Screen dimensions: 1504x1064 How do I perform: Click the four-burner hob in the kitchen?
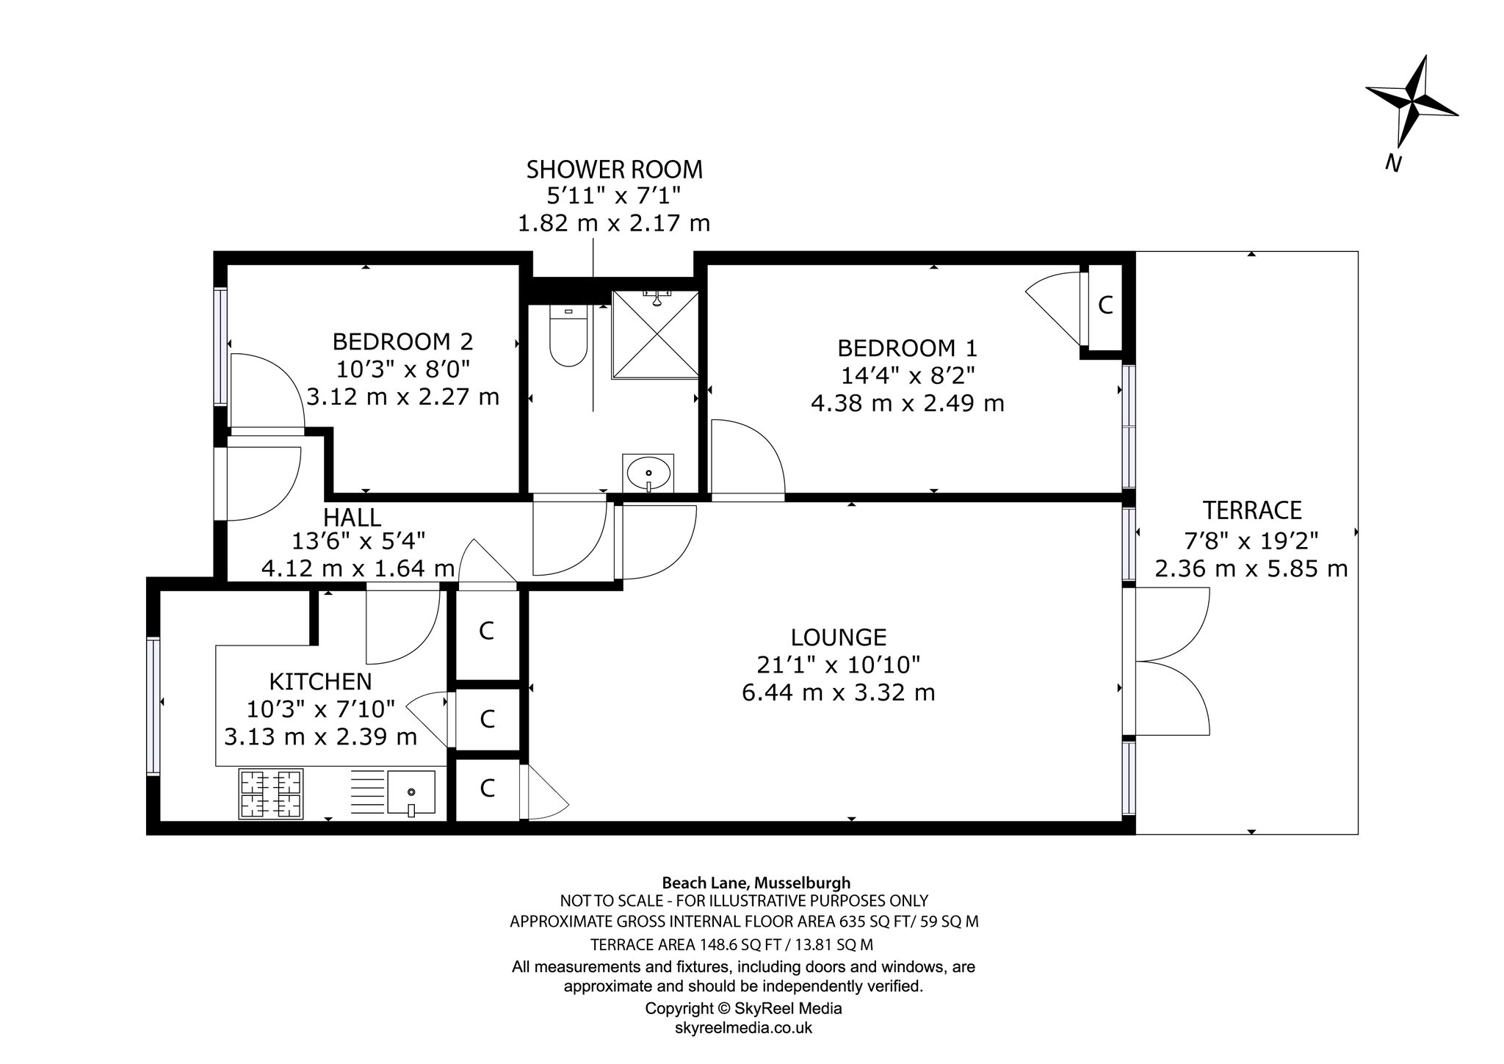[x=270, y=793]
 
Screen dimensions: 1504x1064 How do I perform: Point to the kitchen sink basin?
[x=411, y=793]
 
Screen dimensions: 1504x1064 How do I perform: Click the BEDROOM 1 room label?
[x=908, y=347]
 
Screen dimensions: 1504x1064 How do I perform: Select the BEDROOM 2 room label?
[x=402, y=341]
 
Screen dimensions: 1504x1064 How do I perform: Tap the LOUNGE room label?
[x=839, y=636]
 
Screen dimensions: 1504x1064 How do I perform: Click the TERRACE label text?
[x=1252, y=510]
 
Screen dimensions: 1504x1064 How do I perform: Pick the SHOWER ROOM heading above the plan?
[x=615, y=170]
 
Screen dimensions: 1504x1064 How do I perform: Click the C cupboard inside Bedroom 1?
[x=1105, y=305]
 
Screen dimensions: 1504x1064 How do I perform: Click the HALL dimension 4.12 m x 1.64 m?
[x=358, y=568]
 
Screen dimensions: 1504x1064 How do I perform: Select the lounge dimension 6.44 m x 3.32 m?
[x=839, y=692]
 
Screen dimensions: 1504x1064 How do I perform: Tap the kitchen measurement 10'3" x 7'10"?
[x=321, y=709]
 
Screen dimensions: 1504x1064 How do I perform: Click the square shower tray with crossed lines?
[x=655, y=334]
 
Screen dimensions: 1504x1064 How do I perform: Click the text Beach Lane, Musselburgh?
[x=756, y=883]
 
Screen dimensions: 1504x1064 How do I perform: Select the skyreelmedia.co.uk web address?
[x=743, y=1027]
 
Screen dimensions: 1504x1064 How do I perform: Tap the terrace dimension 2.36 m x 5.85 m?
[x=1251, y=568]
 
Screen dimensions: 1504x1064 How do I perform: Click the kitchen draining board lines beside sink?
[x=366, y=792]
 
